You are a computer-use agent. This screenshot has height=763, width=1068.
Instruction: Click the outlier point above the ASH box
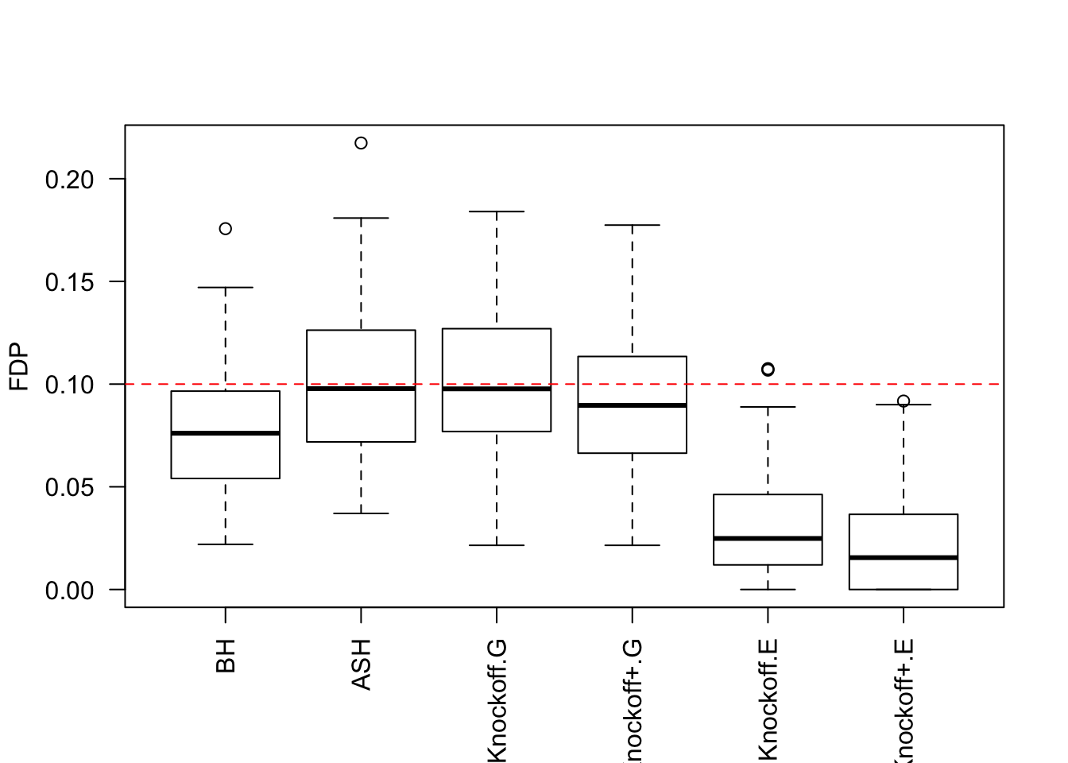361,143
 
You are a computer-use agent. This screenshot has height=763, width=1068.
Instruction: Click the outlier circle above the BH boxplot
226,229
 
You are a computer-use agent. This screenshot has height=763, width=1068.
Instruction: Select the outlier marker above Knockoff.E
768,369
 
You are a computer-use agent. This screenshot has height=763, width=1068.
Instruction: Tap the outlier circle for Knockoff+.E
904,401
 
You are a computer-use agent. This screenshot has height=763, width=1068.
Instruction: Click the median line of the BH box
226,433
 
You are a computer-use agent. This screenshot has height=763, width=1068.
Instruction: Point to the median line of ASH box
361,389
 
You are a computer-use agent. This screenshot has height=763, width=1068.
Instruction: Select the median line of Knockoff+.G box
633,405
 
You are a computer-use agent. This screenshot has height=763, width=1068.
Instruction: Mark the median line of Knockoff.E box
768,538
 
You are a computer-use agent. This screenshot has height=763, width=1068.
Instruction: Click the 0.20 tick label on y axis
70,180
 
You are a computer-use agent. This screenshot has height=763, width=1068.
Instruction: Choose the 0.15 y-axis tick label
70,282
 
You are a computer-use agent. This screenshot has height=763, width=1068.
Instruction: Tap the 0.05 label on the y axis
70,487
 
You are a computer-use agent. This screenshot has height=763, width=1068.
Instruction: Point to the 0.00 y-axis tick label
70,590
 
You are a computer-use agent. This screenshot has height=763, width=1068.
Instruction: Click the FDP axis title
19,367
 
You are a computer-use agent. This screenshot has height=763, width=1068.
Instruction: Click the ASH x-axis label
361,664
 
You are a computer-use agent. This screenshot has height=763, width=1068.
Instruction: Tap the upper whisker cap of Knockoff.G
497,212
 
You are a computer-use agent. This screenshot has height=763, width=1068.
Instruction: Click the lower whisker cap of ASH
361,513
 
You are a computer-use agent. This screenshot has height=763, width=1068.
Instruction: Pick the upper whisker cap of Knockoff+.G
633,226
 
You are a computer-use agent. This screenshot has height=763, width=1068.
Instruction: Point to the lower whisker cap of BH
226,544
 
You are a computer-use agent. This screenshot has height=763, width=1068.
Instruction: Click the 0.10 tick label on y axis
70,385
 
